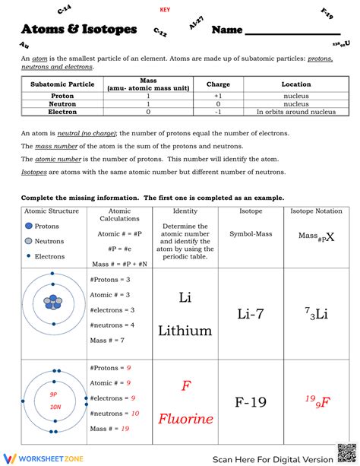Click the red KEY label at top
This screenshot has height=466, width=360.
point(165,10)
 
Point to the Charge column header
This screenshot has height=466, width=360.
point(218,84)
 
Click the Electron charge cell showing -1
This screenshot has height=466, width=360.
point(218,112)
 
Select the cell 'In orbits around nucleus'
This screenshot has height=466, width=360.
point(295,112)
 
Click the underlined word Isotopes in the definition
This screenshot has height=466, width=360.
point(34,173)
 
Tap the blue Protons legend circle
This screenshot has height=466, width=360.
point(28,227)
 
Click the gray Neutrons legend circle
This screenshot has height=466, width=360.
point(28,241)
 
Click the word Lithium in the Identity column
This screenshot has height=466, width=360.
point(185,330)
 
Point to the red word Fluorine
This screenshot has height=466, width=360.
point(185,419)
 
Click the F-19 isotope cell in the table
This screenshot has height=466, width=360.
point(251,403)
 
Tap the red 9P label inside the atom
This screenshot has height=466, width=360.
point(54,395)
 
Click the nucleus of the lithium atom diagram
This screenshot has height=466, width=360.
point(52,302)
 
